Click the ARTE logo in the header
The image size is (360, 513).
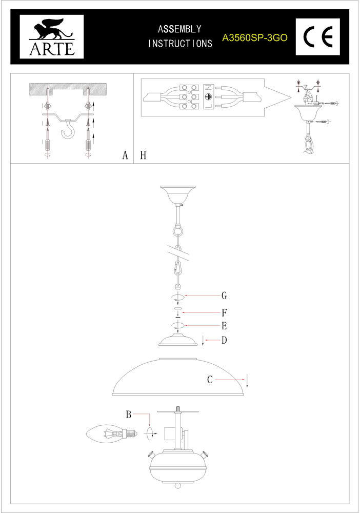[52, 36]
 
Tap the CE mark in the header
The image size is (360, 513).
[318, 36]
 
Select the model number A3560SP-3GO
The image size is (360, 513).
[255, 38]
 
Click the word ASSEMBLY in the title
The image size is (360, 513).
[179, 29]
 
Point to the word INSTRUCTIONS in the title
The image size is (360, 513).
[180, 44]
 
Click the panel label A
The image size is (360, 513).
[125, 155]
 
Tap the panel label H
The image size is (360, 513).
[143, 155]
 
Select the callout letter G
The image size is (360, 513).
[224, 296]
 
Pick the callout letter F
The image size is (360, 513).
[224, 313]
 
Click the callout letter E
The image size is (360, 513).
[224, 326]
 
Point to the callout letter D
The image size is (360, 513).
[224, 340]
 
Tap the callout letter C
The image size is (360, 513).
[210, 380]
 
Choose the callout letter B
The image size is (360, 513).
[129, 415]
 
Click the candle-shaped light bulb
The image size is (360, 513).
[111, 434]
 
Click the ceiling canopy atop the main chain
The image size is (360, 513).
[177, 194]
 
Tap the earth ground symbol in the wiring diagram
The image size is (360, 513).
[208, 97]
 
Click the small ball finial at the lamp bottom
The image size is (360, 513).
[177, 485]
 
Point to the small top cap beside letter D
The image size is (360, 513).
[178, 340]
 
